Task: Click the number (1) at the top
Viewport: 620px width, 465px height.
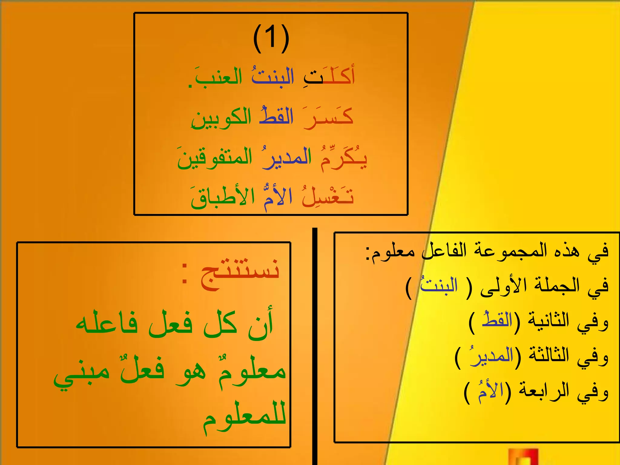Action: pos(271,38)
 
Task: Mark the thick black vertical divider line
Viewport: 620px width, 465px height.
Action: pos(315,345)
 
